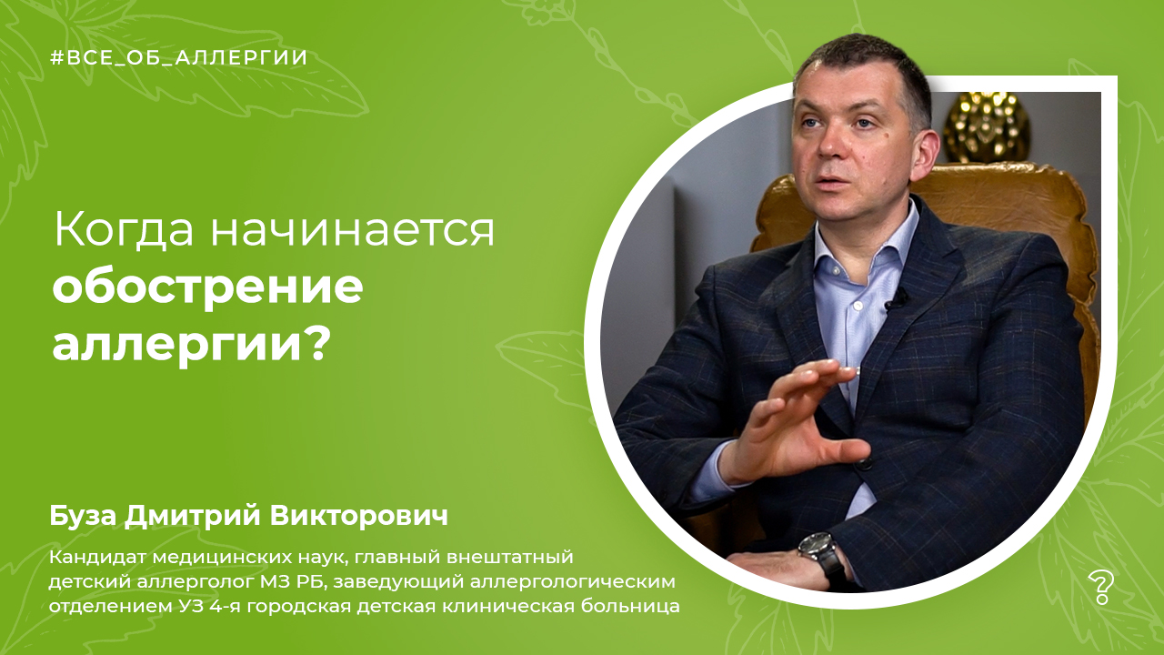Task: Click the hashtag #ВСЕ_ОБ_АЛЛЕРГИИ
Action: coord(179,57)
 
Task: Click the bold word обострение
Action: coord(207,288)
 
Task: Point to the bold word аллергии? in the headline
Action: coord(192,343)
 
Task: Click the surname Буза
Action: coord(84,516)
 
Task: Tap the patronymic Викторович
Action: coord(358,516)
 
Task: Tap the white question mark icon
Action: coord(1101,588)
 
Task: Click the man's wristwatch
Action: coord(824,555)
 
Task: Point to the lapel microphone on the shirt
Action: coord(895,300)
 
